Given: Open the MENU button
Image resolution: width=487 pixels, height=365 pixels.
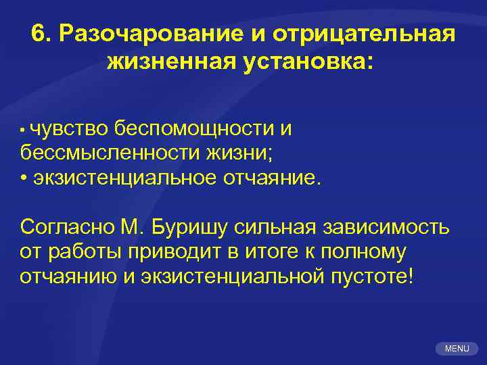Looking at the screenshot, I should [x=457, y=348].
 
